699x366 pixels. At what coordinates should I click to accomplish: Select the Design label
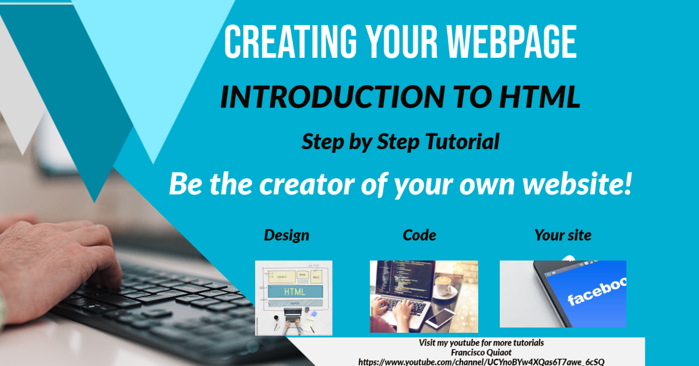287,235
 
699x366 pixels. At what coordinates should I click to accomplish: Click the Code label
419,235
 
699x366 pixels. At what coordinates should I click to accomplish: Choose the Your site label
563,235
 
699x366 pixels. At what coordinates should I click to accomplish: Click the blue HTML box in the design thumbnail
294,291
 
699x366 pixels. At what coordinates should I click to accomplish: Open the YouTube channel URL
481,361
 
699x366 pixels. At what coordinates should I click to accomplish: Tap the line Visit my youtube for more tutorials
481,343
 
